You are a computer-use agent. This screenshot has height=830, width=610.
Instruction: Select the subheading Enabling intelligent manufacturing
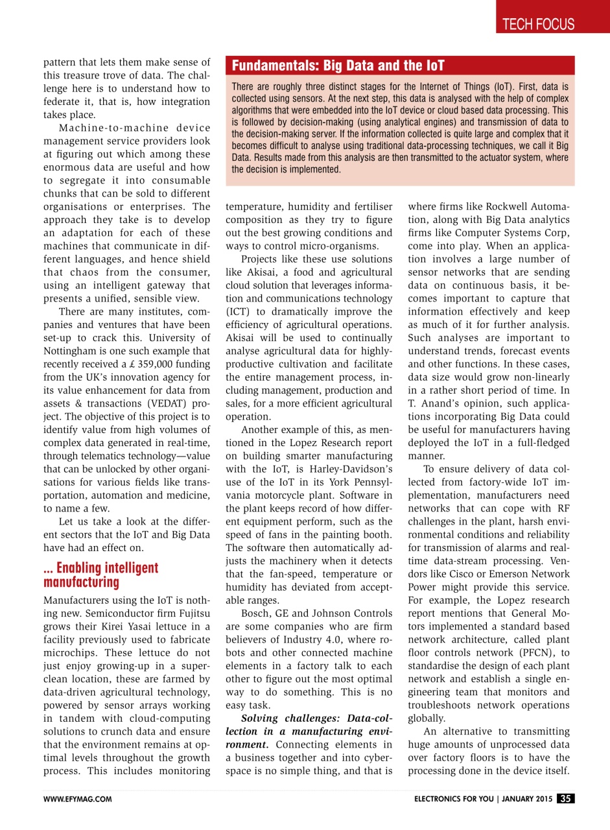100,575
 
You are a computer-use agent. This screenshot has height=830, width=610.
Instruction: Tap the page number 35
565,798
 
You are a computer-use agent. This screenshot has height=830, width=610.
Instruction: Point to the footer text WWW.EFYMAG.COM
77,799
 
